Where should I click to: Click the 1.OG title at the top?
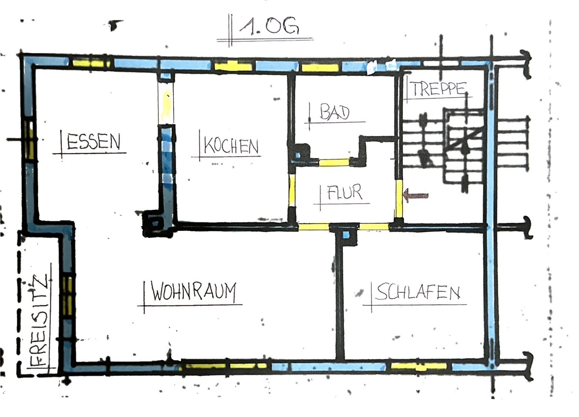tap(269, 26)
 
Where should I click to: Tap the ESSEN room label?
tap(93, 142)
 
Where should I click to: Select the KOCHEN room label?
tap(231, 146)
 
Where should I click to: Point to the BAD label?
tap(335, 112)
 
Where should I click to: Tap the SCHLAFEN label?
tap(417, 292)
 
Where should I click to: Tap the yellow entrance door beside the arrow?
tap(399, 199)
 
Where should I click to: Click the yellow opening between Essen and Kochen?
tap(166, 106)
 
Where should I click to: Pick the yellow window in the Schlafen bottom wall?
tap(419, 366)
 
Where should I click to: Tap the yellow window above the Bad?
tap(320, 68)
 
